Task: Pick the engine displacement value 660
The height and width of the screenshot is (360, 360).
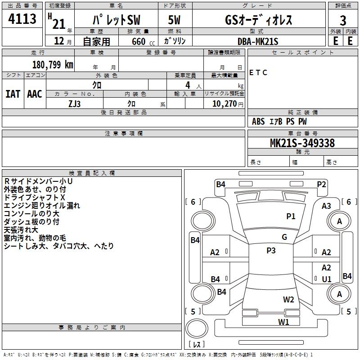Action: pos(138,41)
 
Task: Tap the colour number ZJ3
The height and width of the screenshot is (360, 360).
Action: pos(75,103)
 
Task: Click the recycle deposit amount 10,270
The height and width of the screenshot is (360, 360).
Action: pos(224,103)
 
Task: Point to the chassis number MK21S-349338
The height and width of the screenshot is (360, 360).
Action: pos(302,143)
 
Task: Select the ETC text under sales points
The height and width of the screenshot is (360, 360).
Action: pos(258,72)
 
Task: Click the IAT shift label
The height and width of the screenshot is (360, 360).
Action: pos(13,94)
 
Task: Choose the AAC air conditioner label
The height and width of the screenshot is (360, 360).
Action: pos(34,94)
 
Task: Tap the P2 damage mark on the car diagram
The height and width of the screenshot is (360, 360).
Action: pos(321,184)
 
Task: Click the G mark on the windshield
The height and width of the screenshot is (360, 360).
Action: pos(284,237)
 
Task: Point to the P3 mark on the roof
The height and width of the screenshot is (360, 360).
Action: pos(271,251)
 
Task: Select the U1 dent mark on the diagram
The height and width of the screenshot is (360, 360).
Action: pos(327,279)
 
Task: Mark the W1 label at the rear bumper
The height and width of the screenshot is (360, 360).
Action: pos(283,322)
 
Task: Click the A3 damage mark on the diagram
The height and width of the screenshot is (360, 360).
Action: pos(326,206)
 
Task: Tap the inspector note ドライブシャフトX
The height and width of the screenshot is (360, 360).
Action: pos(35,198)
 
